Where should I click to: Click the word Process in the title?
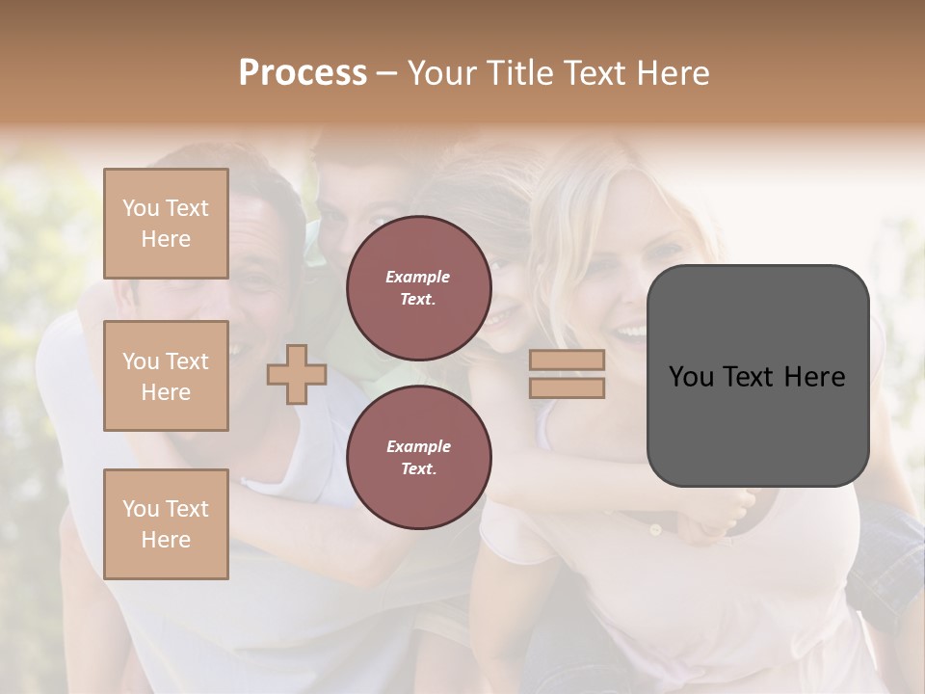coord(303,73)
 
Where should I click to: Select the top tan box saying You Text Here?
coord(166,224)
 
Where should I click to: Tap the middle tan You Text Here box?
coord(166,376)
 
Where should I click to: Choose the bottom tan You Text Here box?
coord(166,524)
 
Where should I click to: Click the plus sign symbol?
coord(297,374)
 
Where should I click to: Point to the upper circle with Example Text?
coord(418,288)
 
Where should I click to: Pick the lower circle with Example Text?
coord(418,458)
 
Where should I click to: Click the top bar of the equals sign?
coord(567,360)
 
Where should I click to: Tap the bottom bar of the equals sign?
coord(567,388)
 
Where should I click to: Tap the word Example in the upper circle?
coord(418,278)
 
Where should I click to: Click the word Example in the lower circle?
coord(418,447)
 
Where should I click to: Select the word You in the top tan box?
coord(141,208)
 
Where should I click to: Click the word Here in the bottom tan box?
coord(166,540)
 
